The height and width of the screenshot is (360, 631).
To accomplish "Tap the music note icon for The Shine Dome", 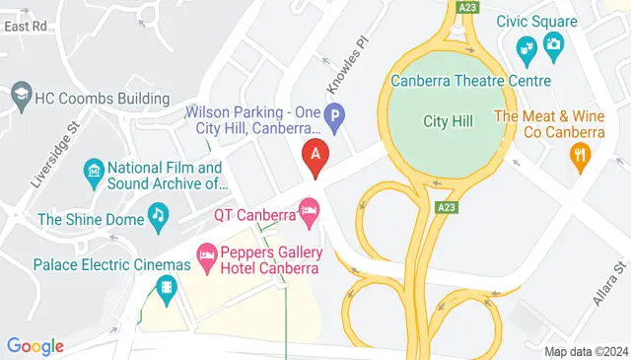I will [x=158, y=214].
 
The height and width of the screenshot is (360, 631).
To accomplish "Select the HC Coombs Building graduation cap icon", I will [x=20, y=96].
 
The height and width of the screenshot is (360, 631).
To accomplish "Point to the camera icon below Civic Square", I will [x=553, y=43].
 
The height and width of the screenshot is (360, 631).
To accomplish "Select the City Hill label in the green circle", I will [x=449, y=121].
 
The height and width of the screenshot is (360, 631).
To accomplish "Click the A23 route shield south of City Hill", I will [x=446, y=206].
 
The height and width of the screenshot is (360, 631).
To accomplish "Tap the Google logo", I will [x=35, y=345].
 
